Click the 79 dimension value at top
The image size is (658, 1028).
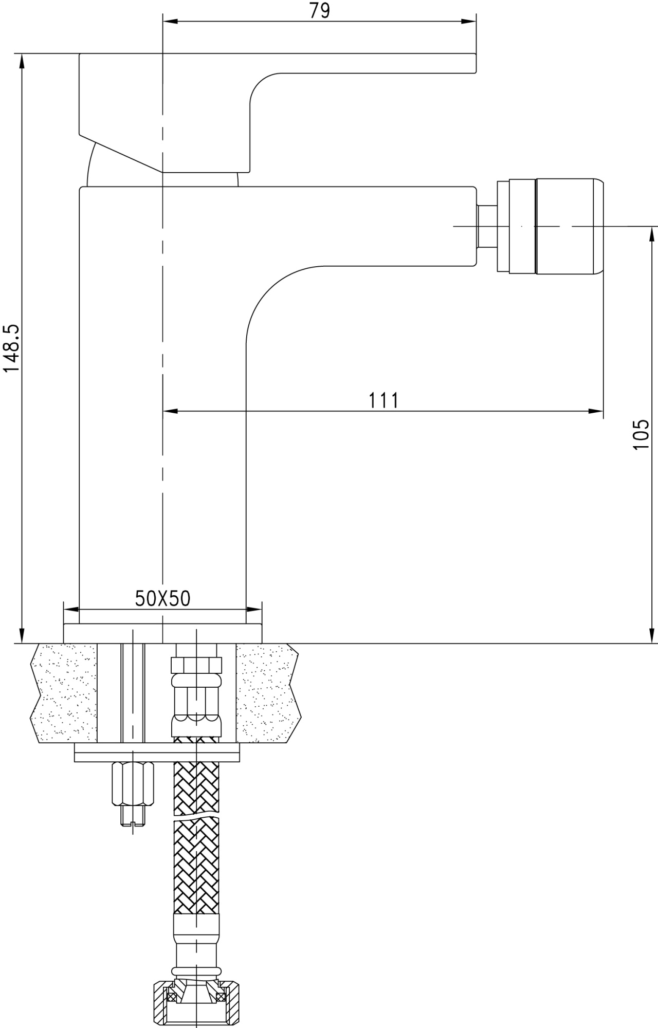click(319, 11)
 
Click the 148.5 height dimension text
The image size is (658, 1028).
click(11, 348)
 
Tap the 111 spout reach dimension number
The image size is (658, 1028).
click(383, 400)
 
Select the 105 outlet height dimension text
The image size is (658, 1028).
click(641, 435)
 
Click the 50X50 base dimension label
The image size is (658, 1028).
click(162, 598)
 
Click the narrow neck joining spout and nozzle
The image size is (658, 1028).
click(487, 226)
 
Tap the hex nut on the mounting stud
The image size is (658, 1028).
click(133, 784)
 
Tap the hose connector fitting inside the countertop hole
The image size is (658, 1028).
click(197, 691)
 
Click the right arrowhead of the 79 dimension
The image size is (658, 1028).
click(470, 22)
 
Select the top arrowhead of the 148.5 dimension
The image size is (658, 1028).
click(22, 61)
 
